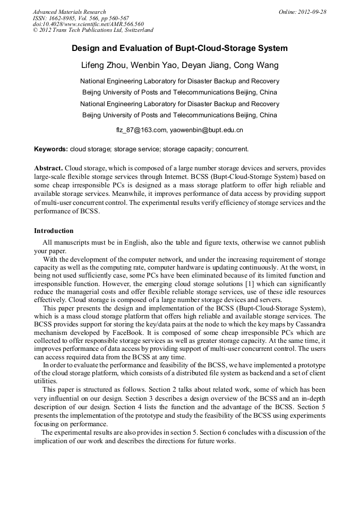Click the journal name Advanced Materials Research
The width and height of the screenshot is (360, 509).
click(69, 12)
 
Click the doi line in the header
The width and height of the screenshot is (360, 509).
click(88, 24)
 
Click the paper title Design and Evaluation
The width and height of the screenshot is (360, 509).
click(179, 48)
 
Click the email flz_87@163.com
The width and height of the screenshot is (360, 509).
click(141, 130)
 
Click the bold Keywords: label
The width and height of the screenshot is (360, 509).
click(51, 149)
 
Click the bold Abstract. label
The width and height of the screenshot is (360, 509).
click(49, 167)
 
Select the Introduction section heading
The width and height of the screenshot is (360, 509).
click(54, 231)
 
